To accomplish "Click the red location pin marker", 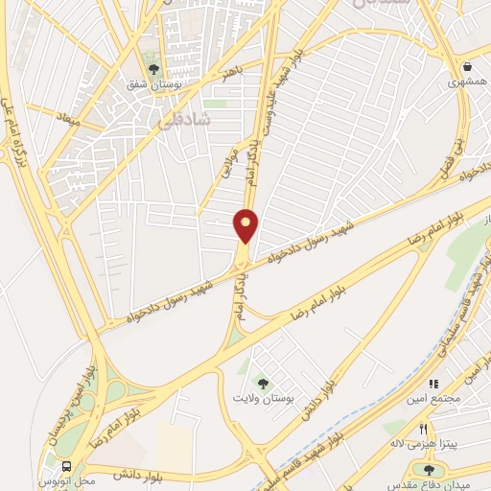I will click(246, 225).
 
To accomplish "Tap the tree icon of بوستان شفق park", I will click(152, 67).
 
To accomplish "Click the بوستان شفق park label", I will click(152, 84).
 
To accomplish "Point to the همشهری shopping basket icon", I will click(467, 67).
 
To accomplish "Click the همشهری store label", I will click(466, 83).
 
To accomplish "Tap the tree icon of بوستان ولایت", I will click(266, 381).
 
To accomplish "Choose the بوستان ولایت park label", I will click(266, 397).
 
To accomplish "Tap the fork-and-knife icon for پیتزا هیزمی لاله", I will click(422, 429).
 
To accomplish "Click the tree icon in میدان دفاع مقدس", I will click(429, 469).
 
